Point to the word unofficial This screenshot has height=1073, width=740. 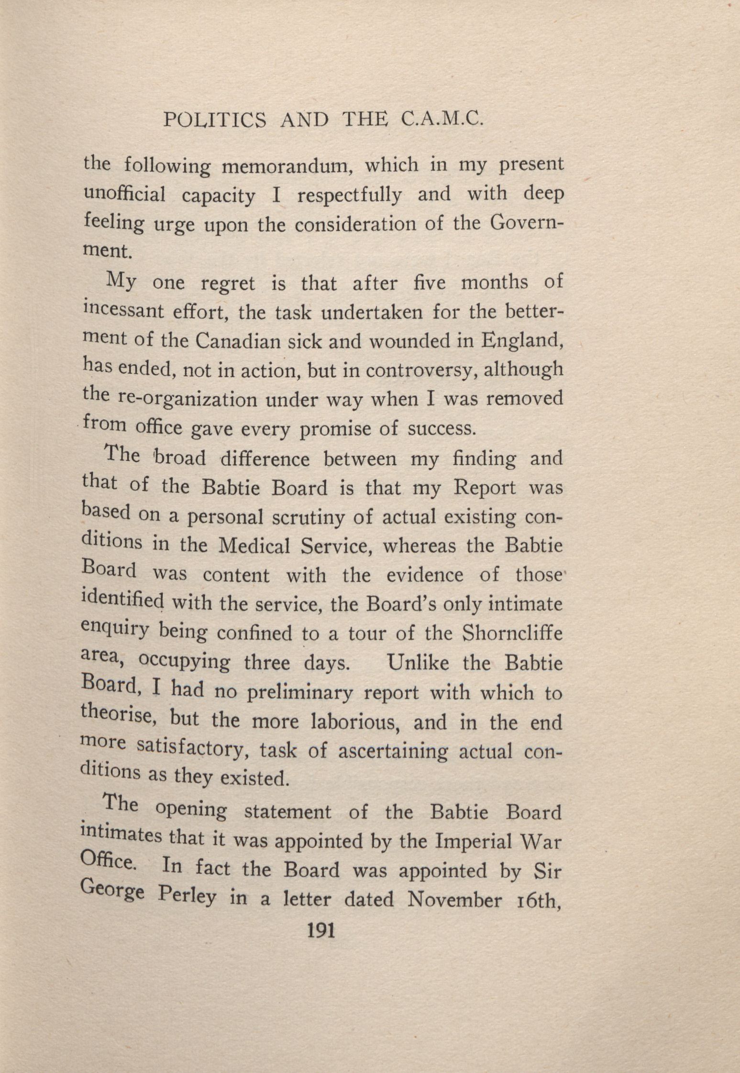(x=125, y=195)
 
